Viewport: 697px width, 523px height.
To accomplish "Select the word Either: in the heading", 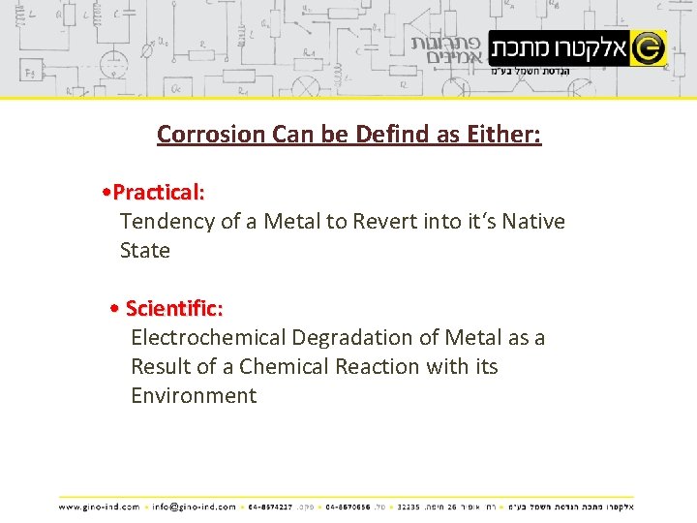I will [x=503, y=134].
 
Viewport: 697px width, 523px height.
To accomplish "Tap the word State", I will [x=145, y=250].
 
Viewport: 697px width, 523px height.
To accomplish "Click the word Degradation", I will [x=351, y=338].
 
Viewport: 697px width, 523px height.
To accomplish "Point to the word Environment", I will [x=194, y=396].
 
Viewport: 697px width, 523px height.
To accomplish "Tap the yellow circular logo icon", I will [x=648, y=47].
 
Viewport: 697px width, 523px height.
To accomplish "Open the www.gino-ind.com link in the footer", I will [x=99, y=506].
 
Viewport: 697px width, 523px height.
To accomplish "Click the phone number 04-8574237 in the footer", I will [x=269, y=506].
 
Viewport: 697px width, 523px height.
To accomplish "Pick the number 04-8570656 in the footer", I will [x=348, y=506].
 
